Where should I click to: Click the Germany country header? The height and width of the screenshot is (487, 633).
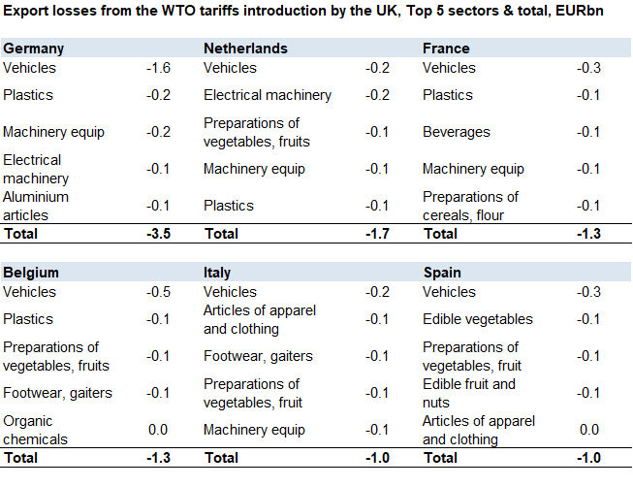(x=34, y=49)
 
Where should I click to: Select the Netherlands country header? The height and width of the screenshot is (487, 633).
(x=245, y=49)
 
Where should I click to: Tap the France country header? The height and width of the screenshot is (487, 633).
(x=446, y=49)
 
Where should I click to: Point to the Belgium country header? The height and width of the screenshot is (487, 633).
(x=31, y=273)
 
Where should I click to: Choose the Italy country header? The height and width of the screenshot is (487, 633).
(x=216, y=273)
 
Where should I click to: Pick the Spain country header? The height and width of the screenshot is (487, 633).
(x=442, y=273)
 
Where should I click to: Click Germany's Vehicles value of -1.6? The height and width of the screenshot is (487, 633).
(x=158, y=68)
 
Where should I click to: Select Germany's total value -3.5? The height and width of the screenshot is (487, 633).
(x=158, y=234)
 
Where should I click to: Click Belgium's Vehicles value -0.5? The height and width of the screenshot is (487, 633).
(x=158, y=292)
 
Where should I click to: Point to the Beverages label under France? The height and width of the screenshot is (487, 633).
(x=457, y=132)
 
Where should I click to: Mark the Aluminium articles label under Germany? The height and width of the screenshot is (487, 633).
(x=37, y=206)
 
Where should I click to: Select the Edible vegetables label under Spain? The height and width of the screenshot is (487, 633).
(x=478, y=319)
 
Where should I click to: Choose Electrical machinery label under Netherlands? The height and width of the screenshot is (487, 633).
(x=268, y=95)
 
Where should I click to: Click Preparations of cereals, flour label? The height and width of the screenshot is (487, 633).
(x=471, y=206)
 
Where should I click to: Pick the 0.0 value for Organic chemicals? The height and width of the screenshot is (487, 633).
(x=158, y=430)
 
